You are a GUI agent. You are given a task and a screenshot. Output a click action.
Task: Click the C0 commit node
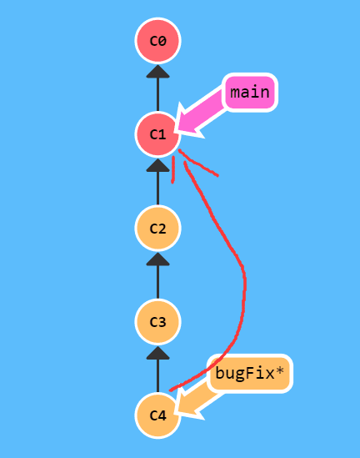pos(157,41)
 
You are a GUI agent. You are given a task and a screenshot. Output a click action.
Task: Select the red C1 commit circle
pos(157,134)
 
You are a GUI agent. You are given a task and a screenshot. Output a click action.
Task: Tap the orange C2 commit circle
pos(157,228)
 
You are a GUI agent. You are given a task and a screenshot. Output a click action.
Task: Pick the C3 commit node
pos(157,321)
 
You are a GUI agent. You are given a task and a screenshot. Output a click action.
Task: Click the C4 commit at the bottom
pos(157,415)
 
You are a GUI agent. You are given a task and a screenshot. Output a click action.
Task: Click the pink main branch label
pos(250,93)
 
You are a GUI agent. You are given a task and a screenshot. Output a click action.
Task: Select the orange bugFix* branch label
pos(250,374)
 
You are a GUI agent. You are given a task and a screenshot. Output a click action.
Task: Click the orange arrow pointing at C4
pos(196,401)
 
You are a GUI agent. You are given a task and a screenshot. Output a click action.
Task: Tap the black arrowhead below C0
pos(157,72)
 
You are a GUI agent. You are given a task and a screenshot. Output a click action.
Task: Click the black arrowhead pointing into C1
pos(157,165)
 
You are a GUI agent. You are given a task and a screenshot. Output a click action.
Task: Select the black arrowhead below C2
pos(157,259)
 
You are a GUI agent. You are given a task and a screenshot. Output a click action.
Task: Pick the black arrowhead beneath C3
pos(157,353)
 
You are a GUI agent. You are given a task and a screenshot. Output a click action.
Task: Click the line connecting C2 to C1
pos(157,188)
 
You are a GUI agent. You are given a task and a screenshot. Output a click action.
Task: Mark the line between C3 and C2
pos(157,282)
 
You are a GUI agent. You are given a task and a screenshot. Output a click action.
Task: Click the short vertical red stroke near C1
pos(173,170)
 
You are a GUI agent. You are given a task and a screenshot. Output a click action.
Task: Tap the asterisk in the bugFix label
pos(279,371)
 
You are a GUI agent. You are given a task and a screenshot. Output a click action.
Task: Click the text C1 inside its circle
pos(157,134)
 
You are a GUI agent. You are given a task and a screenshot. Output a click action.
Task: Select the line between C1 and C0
pos(157,94)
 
